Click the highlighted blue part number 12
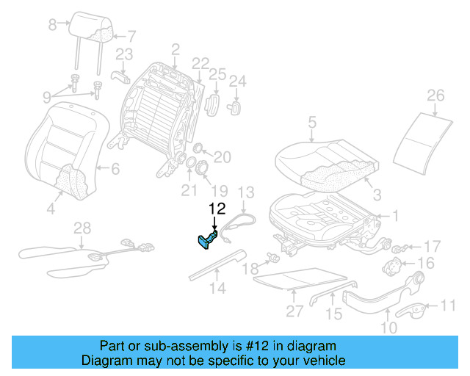click(206, 240)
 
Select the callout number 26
click(435, 95)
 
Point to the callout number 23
click(124, 53)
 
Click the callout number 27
click(294, 311)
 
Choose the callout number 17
click(433, 246)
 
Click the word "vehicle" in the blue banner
click(323, 361)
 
